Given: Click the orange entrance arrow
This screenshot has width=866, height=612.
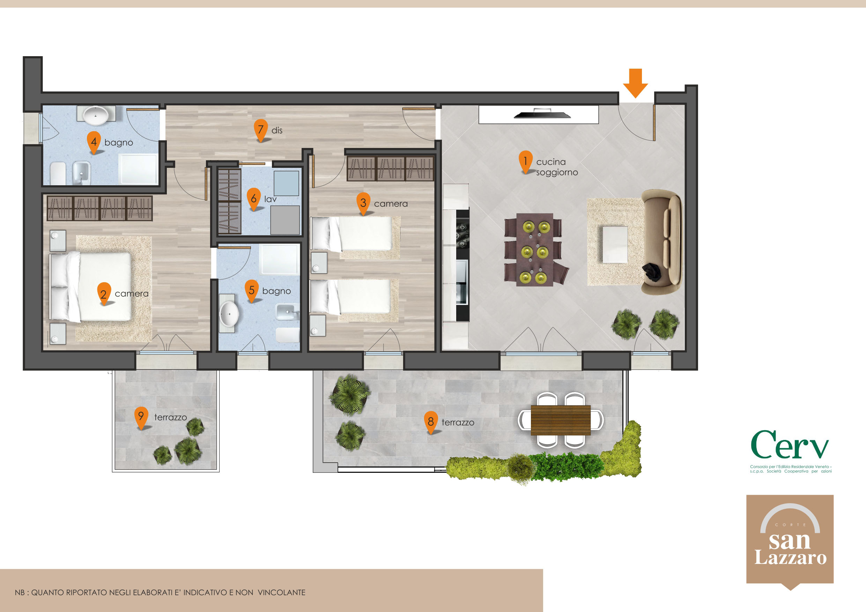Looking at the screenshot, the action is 636,83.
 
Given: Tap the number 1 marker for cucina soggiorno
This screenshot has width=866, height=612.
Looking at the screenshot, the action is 525,162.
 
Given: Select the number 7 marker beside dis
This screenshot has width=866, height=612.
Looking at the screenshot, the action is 261,130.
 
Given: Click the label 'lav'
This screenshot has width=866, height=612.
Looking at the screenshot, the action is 271,199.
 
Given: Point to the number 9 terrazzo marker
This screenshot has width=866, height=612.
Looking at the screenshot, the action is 141,417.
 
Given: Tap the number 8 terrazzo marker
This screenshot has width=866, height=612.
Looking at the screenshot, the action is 431,422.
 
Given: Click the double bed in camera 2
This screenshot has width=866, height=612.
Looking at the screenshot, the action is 90,286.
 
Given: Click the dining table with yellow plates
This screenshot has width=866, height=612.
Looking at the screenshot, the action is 535,249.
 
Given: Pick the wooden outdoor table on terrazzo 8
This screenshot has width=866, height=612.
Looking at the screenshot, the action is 561,420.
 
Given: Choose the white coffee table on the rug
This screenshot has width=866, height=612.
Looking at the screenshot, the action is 615,244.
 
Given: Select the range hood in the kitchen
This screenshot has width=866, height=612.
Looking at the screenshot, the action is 542,113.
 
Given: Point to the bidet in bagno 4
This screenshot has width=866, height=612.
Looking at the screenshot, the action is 81,173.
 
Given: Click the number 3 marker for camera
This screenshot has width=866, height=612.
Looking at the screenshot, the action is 363,204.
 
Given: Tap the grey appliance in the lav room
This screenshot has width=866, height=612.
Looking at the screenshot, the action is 285,220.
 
